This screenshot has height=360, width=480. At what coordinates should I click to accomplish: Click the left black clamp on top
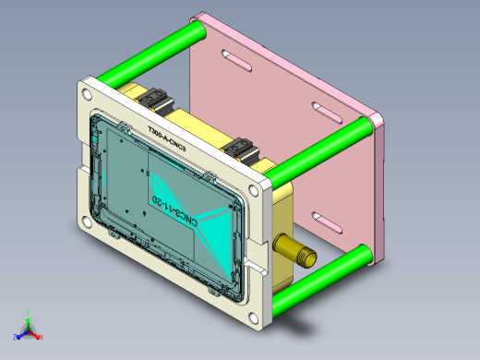tap(153, 98)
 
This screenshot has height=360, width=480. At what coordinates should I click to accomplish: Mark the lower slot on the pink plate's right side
tap(324, 220)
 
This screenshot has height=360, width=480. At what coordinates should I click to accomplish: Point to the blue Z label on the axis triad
tap(14, 337)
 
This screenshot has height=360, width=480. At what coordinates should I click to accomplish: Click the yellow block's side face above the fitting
tap(282, 208)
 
